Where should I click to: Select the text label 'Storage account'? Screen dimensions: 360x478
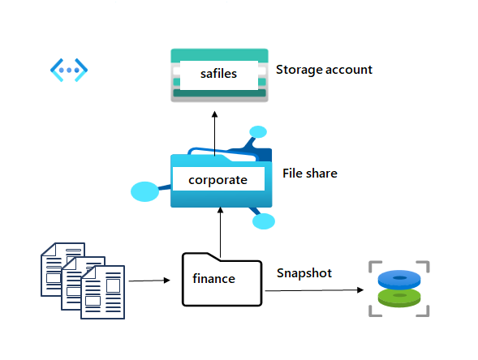(x=324, y=70)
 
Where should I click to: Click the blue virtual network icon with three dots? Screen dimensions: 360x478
(x=69, y=70)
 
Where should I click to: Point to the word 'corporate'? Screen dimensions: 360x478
(x=217, y=179)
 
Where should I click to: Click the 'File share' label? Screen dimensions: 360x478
(x=309, y=174)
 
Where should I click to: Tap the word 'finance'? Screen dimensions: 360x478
(x=213, y=279)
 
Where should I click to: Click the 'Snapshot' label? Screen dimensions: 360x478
(x=304, y=273)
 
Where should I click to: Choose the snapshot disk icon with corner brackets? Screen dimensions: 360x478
(x=398, y=289)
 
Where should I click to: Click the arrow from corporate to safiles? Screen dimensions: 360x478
(x=215, y=130)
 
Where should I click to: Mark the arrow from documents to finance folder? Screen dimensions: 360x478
(x=149, y=281)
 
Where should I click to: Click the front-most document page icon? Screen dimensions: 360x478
(x=103, y=292)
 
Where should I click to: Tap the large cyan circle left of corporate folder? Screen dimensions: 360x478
(x=144, y=192)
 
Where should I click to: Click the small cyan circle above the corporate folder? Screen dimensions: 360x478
(x=258, y=131)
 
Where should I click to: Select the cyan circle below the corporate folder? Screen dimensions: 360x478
(x=264, y=221)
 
